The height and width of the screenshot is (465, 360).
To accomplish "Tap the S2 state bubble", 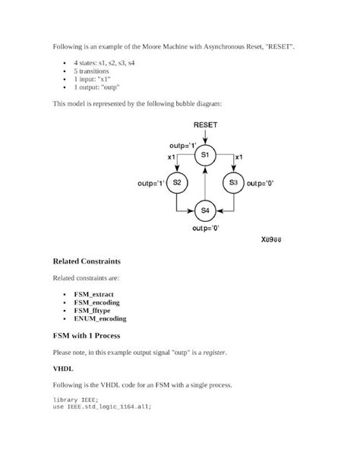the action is point(176,183).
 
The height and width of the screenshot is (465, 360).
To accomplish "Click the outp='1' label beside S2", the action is point(150,183).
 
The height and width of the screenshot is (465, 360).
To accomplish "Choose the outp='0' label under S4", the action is point(205,227).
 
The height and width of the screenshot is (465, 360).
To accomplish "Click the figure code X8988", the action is point(267,240).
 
